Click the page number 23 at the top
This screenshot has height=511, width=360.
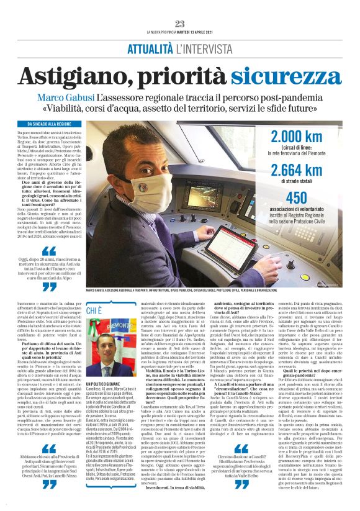point(179,24)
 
